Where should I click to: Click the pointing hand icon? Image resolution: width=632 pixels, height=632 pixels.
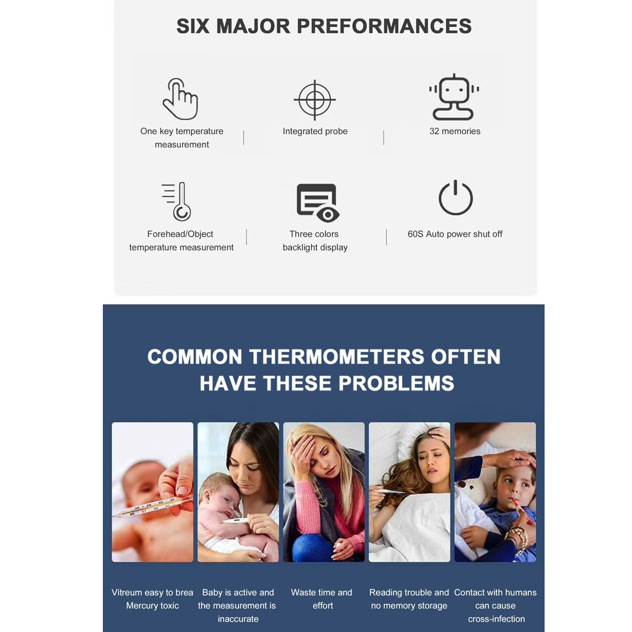[x=180, y=99]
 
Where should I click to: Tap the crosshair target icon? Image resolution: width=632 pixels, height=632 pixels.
[x=314, y=99]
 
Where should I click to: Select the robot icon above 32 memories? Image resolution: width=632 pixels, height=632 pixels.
[x=454, y=97]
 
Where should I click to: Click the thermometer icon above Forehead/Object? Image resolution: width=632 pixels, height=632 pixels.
[x=178, y=201]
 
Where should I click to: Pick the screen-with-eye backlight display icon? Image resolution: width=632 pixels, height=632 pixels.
[x=318, y=203]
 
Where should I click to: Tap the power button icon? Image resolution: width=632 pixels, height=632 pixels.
[x=456, y=198]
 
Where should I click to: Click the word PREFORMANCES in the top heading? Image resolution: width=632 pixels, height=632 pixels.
[x=384, y=26]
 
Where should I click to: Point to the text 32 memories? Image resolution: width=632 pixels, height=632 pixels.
[x=454, y=131]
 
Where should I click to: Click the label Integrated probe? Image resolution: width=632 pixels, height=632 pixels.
[x=315, y=132]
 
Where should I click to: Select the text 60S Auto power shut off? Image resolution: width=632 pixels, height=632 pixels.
[x=454, y=234]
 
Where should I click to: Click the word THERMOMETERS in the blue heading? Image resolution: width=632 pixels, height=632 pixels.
[x=337, y=357]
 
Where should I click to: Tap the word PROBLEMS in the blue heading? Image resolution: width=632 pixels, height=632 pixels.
[x=396, y=383]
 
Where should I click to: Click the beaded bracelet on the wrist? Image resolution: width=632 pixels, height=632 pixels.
[x=518, y=538]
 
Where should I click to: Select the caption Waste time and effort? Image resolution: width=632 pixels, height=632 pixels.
[x=322, y=599]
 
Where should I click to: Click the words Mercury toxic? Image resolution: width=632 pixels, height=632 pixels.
[x=152, y=606]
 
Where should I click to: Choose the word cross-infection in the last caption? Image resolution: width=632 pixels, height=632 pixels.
[x=496, y=619]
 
